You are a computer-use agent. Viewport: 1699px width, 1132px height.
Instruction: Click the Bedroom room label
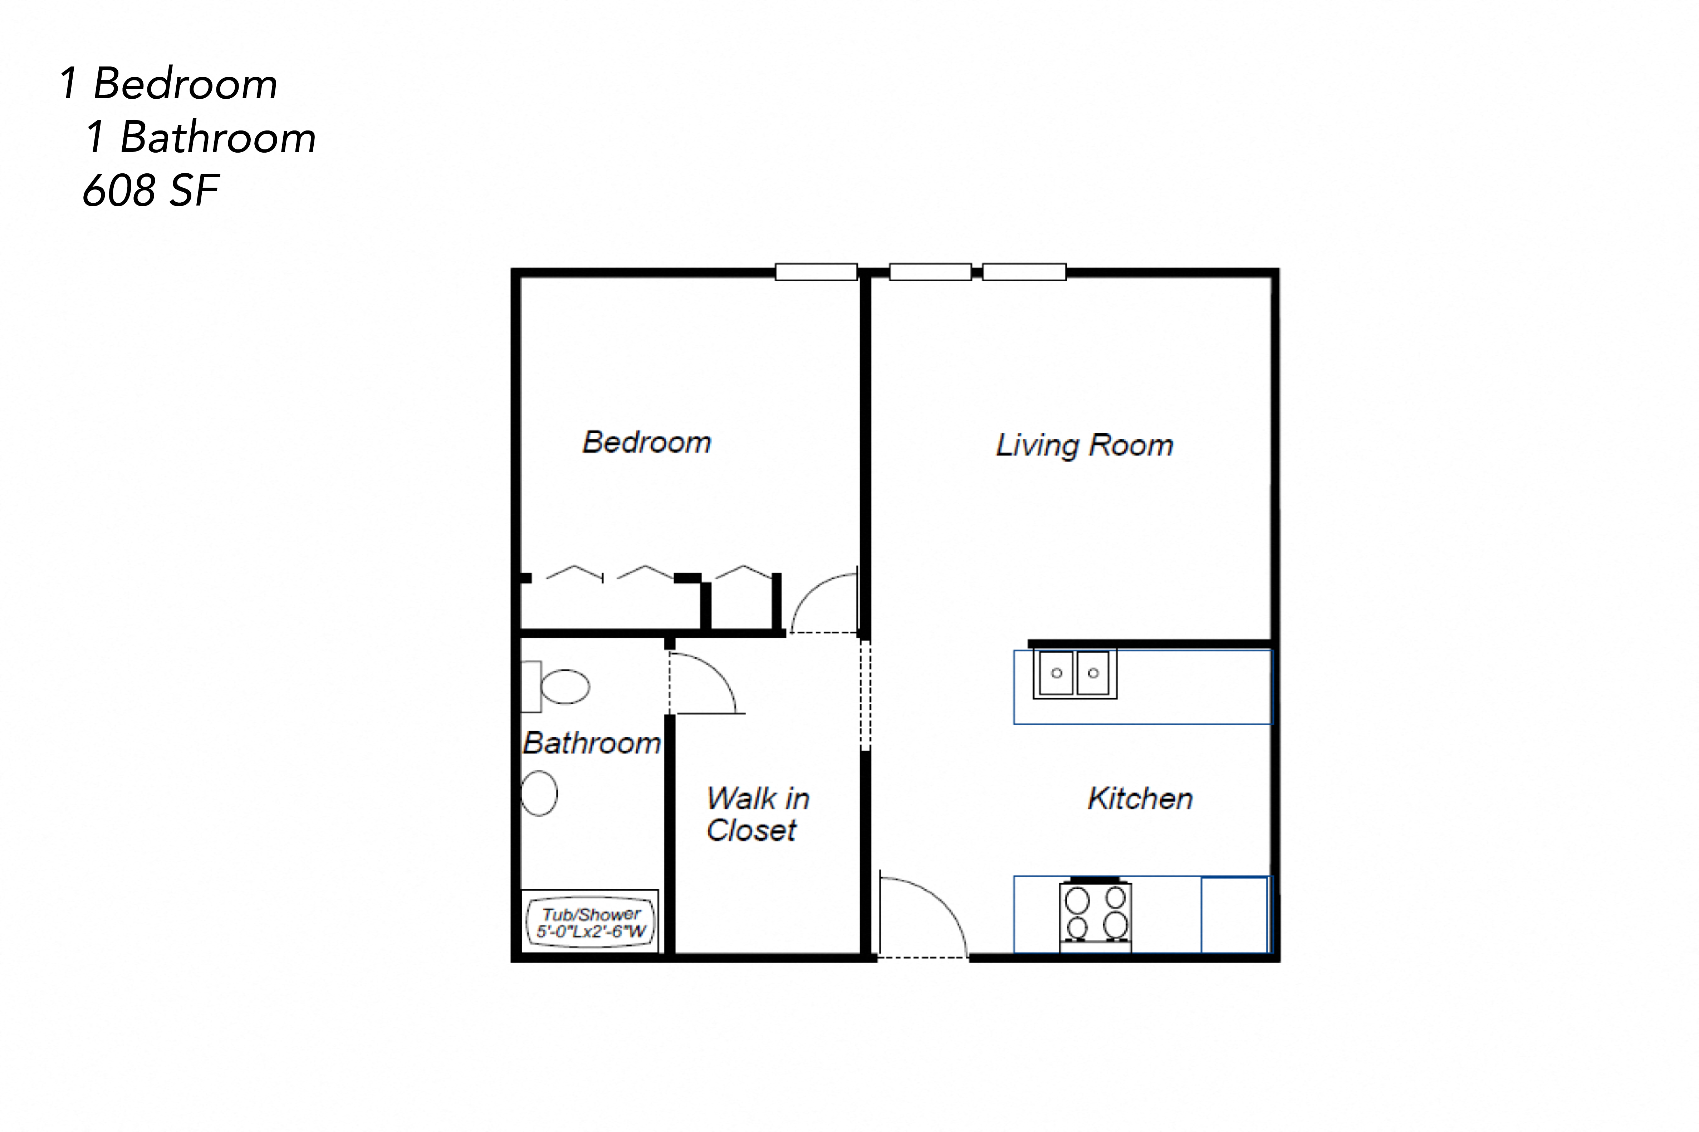(647, 442)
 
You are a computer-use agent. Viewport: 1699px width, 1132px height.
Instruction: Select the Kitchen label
(1140, 799)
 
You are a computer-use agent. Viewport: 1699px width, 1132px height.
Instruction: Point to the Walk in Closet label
(757, 814)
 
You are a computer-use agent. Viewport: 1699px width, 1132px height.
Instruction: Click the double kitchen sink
(1074, 673)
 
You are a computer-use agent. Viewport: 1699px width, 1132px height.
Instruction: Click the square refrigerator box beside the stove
(1234, 915)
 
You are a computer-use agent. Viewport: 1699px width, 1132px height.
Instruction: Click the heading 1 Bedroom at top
(168, 84)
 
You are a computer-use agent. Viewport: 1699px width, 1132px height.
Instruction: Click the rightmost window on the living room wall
(1024, 272)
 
